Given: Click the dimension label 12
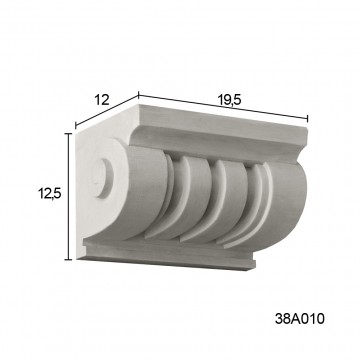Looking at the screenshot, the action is (102, 100).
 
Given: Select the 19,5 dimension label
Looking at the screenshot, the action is (230, 99).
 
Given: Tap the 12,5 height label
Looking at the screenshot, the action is (49, 193).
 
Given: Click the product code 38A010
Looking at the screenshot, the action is (299, 319).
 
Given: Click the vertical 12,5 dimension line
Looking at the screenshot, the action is (69, 196).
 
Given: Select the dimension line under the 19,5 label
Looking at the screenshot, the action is (223, 107).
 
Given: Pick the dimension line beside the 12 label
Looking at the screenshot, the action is (107, 111).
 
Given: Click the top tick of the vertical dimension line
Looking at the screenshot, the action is (69, 133).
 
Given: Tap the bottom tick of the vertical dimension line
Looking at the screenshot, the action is (69, 259).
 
